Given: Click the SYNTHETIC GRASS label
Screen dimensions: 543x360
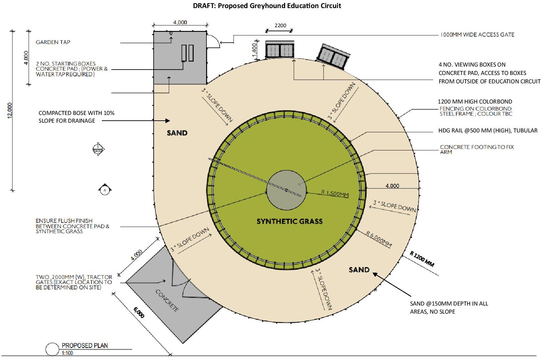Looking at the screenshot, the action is click(289, 221).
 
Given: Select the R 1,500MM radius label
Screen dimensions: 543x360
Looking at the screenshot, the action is click(335, 194).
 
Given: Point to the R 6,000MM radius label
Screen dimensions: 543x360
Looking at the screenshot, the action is click(379, 239).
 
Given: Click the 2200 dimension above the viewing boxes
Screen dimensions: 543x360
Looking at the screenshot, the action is click(280, 26).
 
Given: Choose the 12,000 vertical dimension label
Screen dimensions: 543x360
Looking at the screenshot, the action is click(10, 111).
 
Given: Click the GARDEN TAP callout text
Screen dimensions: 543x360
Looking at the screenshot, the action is click(53, 42).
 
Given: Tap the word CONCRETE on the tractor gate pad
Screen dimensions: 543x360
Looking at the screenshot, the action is click(167, 301).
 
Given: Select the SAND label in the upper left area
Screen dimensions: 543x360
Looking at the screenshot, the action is click(177, 133).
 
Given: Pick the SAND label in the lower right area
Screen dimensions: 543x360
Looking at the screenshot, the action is click(359, 270).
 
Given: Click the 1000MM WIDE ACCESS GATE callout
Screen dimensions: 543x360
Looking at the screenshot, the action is click(477, 35).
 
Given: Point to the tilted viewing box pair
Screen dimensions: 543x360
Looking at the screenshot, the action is click(333, 57).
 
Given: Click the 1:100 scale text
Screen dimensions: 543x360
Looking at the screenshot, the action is click(67, 353).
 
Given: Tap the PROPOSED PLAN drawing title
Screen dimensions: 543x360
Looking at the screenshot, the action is click(85, 346).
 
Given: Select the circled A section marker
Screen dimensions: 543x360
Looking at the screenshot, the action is click(105, 190).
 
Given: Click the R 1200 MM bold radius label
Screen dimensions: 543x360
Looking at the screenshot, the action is click(422, 259).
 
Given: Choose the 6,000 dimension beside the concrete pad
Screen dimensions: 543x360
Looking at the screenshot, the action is click(139, 313).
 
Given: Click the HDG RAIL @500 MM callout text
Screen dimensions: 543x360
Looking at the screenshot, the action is click(488, 131).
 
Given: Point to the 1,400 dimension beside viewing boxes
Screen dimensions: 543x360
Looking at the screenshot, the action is click(254, 50).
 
